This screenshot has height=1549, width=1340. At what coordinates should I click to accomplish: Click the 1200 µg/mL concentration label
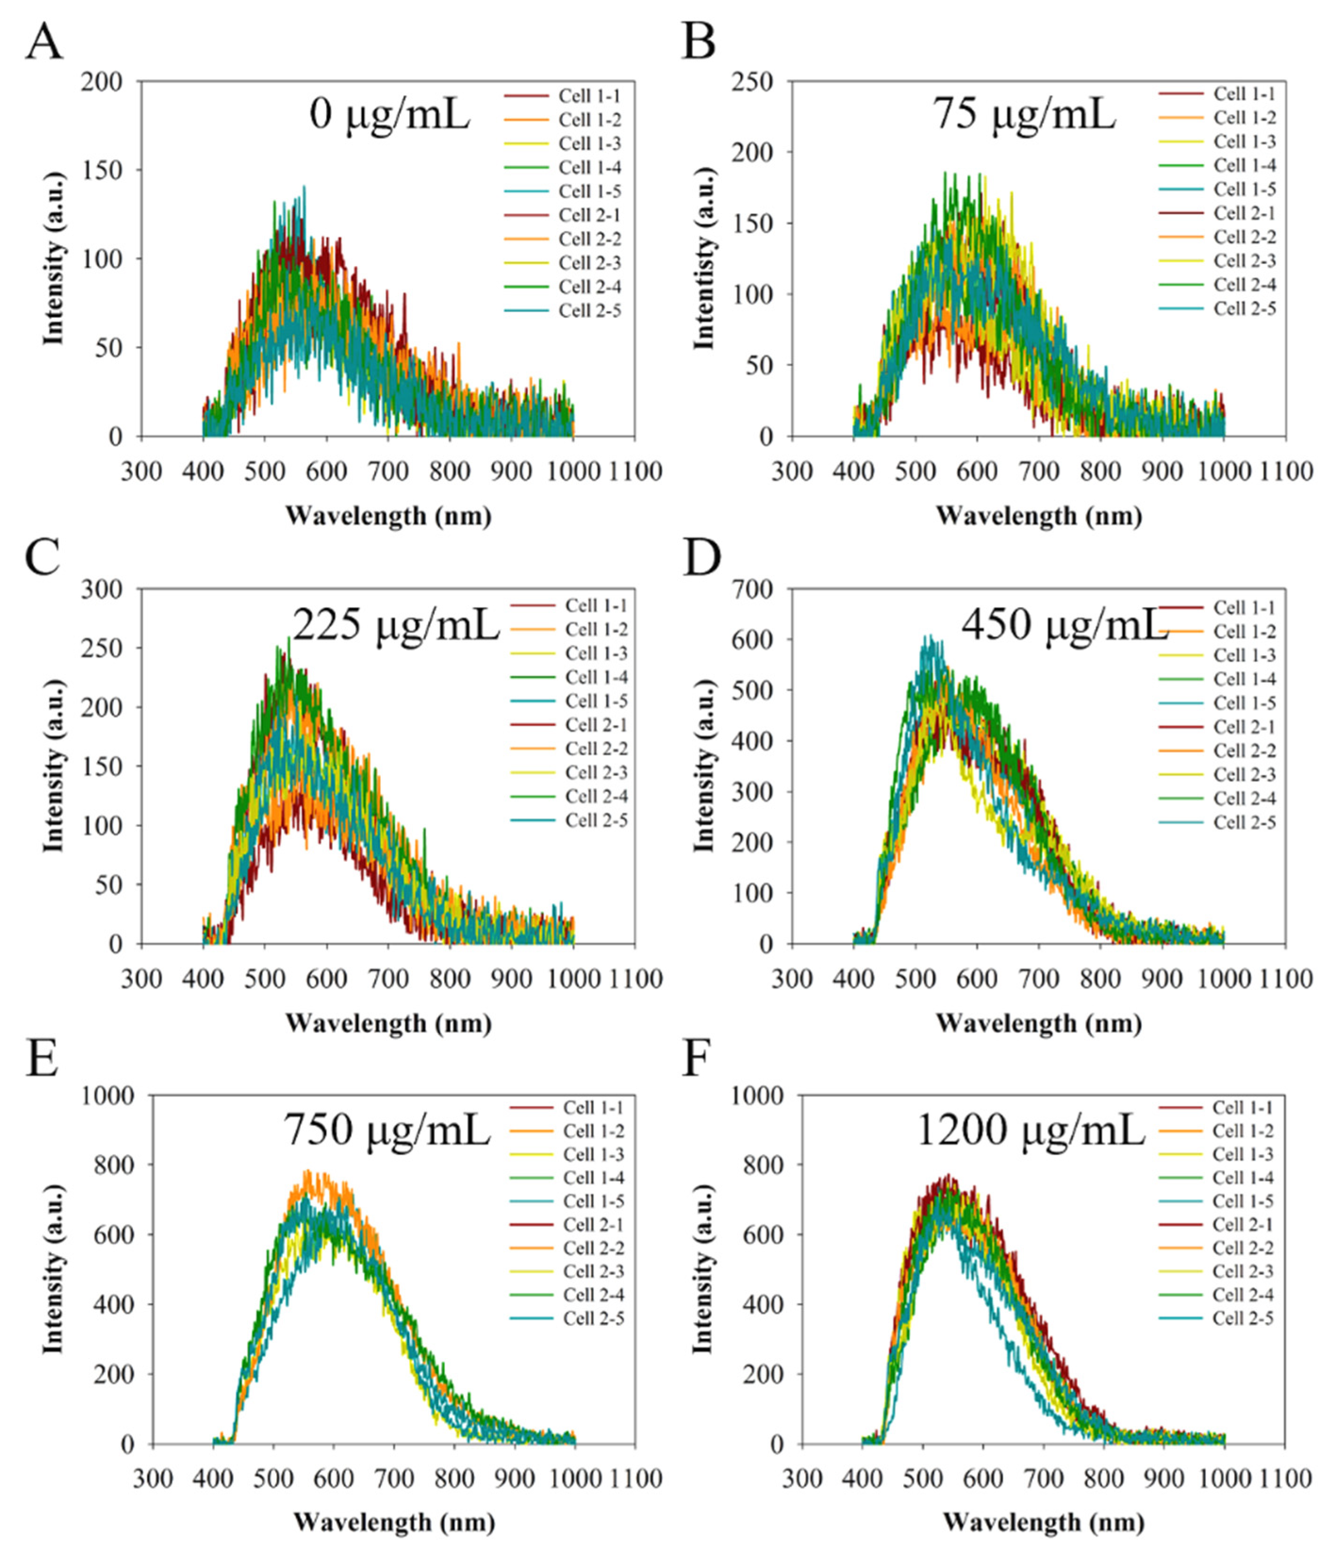pos(1030,1131)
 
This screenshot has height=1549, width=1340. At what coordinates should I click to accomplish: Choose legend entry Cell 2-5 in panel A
pos(589,310)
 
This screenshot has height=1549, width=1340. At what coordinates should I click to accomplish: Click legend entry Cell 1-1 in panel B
pos(1243,94)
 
